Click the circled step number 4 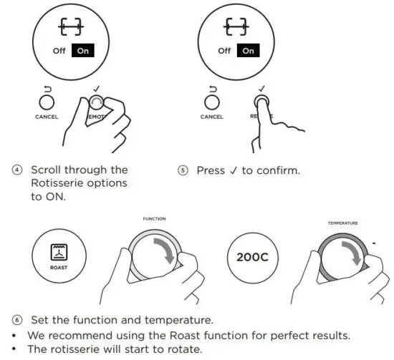16,170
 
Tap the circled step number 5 183,170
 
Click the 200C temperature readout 247,257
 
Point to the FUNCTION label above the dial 153,219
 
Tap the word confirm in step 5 279,170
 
